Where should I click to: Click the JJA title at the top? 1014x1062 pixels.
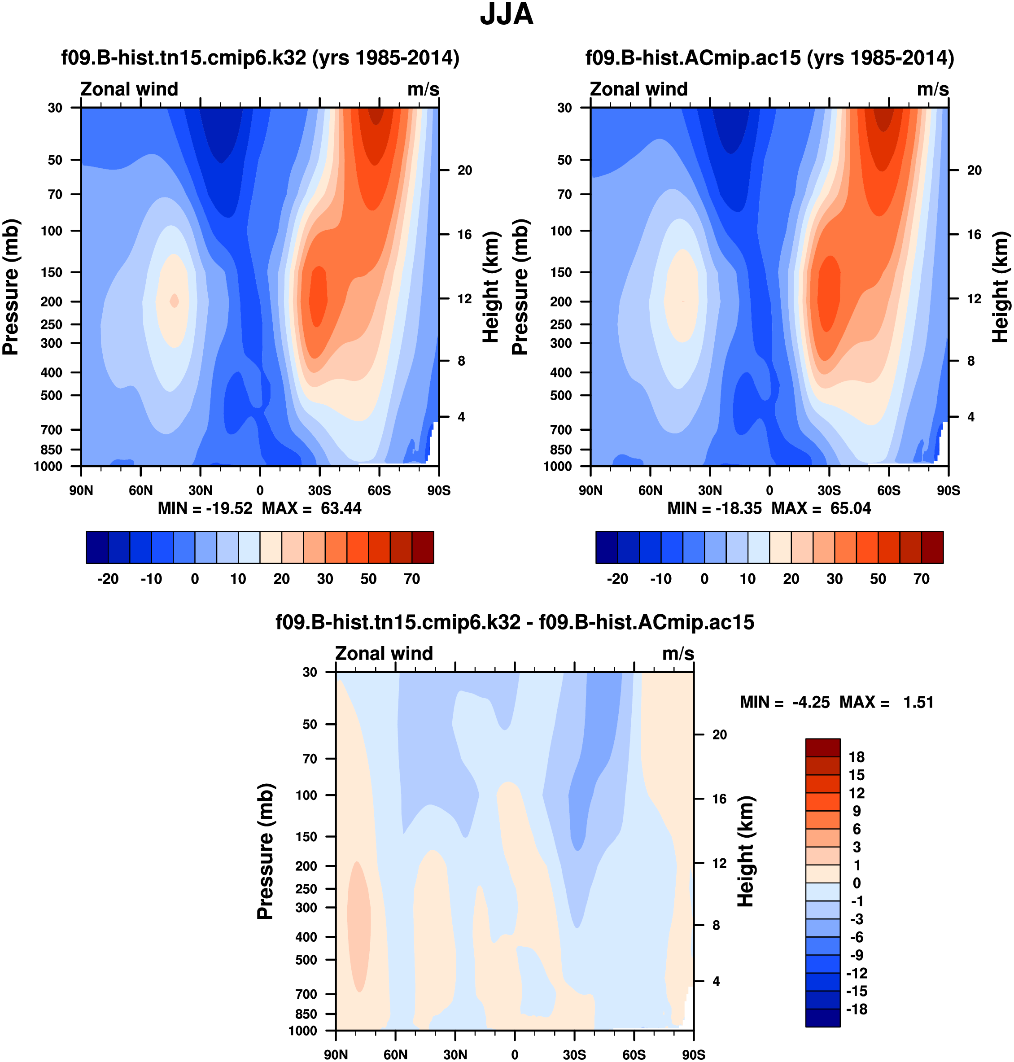tap(507, 15)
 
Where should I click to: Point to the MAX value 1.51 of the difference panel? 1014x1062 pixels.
tap(918, 703)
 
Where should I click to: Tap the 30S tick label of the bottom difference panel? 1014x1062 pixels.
tap(574, 1054)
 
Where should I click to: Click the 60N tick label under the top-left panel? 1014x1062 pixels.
tap(140, 491)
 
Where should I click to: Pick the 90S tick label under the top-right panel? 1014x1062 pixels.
tap(948, 491)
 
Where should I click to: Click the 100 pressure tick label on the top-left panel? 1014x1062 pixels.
tap(52, 231)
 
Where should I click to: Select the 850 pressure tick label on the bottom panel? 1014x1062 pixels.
tap(306, 1014)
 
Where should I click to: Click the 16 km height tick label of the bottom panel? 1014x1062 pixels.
tap(719, 799)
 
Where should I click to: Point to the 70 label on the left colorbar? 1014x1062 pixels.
tap(412, 579)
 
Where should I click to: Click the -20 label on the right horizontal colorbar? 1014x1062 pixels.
tap(617, 579)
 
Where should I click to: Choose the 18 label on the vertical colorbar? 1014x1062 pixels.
tap(857, 757)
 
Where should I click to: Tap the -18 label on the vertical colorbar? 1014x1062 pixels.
tap(856, 1009)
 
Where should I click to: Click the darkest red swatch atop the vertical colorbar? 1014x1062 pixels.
tap(823, 747)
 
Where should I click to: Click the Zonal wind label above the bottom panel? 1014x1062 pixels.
tap(384, 653)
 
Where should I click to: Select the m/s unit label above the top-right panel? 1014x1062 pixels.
tap(932, 89)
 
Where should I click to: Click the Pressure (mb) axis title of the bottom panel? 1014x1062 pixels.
tap(266, 851)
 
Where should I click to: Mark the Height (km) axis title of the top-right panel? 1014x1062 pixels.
tap(1000, 287)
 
